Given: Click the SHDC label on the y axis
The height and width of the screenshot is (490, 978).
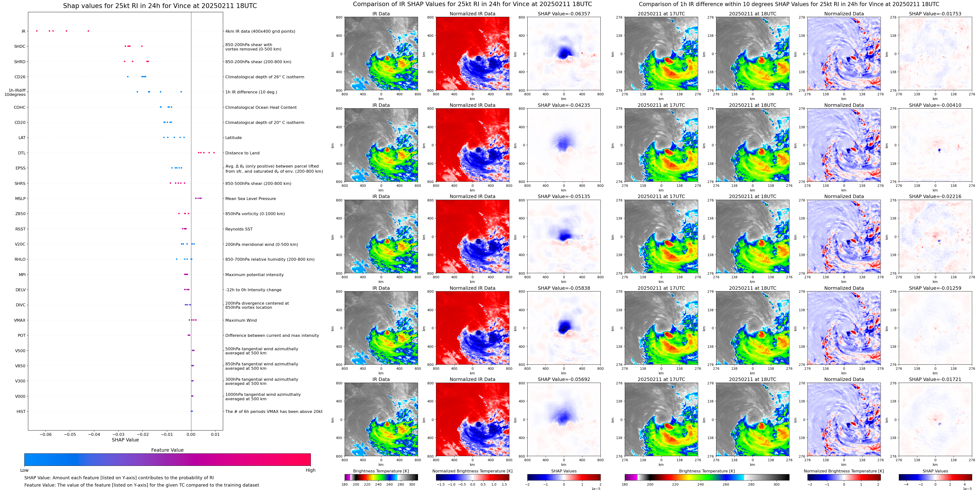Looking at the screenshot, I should point(20,46).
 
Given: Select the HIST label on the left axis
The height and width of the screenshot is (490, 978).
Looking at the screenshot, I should point(21,411).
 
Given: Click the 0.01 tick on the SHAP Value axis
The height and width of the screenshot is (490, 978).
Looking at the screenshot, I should point(215,434).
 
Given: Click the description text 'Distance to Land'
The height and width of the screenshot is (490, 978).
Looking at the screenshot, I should point(242,153).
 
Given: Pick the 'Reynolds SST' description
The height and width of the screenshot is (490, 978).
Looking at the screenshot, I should point(239,229).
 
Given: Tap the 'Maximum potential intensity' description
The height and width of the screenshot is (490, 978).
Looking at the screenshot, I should point(254,274).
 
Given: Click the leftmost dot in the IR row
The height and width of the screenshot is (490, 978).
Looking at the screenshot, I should point(37,31).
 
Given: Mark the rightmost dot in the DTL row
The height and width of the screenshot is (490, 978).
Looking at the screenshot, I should point(214,152).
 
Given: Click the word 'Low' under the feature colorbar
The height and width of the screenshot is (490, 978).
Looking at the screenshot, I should point(24,470).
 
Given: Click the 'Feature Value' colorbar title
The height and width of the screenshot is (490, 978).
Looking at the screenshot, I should point(167,450).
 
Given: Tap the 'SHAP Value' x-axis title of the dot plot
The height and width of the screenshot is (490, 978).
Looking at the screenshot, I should point(125,440).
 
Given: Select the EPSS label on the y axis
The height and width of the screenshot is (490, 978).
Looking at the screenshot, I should point(20,168).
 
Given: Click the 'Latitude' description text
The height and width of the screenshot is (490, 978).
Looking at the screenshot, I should point(234,138).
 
